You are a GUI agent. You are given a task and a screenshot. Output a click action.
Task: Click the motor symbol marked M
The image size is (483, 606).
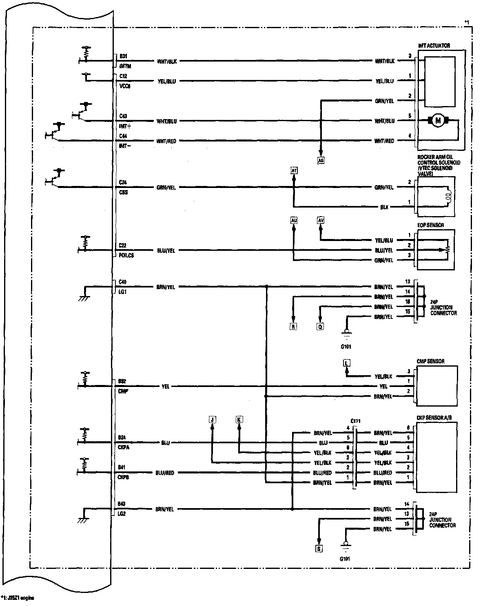(438, 121)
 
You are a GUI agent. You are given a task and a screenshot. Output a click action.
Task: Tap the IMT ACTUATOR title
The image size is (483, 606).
(434, 46)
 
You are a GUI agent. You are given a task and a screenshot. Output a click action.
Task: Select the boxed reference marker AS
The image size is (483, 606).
(321, 161)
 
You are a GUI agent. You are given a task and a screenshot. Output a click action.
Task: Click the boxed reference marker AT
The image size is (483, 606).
(294, 170)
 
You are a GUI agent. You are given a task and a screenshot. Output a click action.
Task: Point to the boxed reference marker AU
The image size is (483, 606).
(294, 221)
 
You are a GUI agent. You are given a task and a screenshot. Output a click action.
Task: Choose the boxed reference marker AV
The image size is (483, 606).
(321, 221)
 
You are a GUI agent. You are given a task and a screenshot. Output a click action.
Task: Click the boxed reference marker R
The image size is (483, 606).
(293, 326)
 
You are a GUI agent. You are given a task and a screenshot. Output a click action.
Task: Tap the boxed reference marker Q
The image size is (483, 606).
(320, 326)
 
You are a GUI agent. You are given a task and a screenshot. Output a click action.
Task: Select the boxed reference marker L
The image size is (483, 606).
(347, 363)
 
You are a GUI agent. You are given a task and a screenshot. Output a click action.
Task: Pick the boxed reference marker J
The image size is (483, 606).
(212, 419)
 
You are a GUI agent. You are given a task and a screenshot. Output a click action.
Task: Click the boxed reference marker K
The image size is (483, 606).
(239, 419)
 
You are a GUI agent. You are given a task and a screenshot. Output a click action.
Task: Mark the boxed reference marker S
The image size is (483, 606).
(319, 549)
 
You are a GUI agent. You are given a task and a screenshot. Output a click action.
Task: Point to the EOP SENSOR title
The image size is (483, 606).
(431, 225)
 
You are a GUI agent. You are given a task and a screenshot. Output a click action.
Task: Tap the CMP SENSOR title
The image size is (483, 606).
(431, 361)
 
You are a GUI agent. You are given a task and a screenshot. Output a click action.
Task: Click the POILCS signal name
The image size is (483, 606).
(126, 255)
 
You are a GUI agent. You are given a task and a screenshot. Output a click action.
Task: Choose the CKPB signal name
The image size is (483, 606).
(124, 477)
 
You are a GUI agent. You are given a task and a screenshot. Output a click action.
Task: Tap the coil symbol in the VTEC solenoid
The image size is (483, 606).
(448, 197)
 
